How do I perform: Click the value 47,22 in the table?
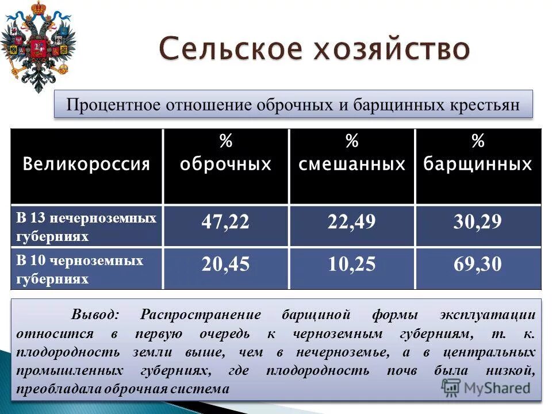[x=225, y=223]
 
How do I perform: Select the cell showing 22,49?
[x=351, y=223]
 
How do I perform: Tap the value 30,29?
[x=478, y=223]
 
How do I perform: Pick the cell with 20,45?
[x=225, y=264]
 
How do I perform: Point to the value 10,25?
[x=351, y=264]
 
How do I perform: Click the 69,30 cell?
[x=478, y=264]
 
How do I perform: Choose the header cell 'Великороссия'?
[x=86, y=165]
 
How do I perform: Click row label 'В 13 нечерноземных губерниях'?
[x=86, y=227]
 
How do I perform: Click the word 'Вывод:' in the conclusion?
[x=95, y=315]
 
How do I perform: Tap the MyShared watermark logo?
[x=486, y=387]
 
